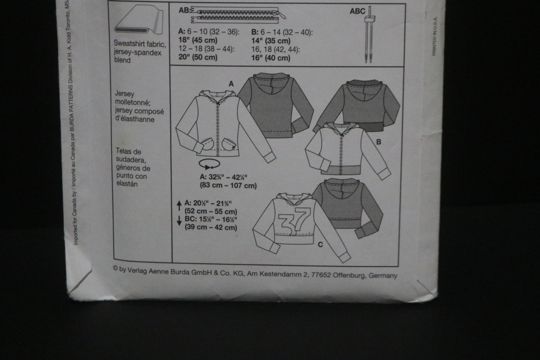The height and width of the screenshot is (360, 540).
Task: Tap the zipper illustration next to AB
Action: coord(238,15)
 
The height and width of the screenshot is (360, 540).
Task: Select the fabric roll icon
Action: coord(139,19)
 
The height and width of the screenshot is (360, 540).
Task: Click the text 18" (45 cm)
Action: coord(198,40)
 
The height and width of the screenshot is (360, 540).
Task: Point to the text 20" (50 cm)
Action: coord(198,58)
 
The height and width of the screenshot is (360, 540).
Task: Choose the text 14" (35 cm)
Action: coord(271,41)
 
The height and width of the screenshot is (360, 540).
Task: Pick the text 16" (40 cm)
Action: coord(271,58)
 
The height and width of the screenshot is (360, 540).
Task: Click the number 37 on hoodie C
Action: coord(294,221)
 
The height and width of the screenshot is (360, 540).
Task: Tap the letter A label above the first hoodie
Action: coord(231,84)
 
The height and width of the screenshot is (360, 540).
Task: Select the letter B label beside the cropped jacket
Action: coord(379,142)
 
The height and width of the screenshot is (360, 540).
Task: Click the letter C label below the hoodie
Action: coord(320,245)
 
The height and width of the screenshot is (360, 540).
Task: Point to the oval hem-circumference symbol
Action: coord(210,164)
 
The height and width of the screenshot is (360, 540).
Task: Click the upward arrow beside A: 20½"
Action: coord(179,206)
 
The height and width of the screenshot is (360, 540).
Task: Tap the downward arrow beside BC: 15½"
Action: coord(179,221)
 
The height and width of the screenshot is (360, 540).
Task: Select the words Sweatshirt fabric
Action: coord(140,44)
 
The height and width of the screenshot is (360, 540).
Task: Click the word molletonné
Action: coord(133,102)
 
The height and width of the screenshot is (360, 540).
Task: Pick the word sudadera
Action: coord(131,160)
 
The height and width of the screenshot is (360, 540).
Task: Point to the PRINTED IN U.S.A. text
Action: coord(435,36)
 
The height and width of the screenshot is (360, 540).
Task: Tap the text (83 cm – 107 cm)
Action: coord(228,186)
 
